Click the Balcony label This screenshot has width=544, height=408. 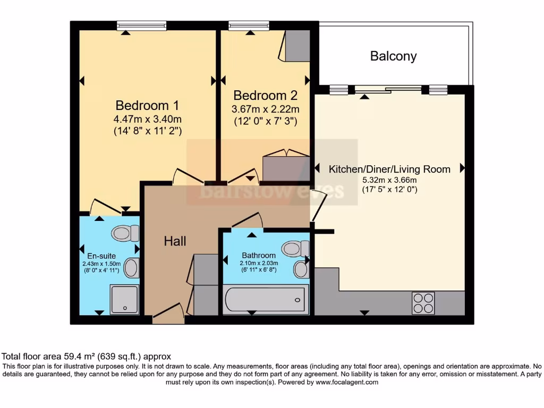(x=394, y=56)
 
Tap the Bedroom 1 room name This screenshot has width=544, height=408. (x=147, y=105)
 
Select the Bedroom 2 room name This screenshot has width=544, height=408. (x=266, y=95)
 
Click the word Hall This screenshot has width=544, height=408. (x=175, y=241)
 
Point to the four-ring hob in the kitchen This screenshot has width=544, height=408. (x=423, y=303)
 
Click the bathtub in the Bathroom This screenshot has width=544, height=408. (x=266, y=300)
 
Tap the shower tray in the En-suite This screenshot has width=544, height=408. (x=124, y=300)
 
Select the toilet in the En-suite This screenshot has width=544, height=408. (x=125, y=233)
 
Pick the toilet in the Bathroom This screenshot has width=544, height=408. (x=295, y=249)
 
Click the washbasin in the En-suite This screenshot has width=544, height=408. (x=132, y=268)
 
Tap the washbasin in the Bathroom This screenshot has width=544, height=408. (x=301, y=269)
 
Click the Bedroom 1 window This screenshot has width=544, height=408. (x=141, y=25)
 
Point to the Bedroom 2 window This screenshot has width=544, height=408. (x=249, y=25)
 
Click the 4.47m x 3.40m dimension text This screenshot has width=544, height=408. (x=148, y=119)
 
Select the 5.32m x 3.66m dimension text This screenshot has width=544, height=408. (x=389, y=180)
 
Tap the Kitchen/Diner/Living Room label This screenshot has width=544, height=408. (x=389, y=169)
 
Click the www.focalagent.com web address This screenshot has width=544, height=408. (x=347, y=382)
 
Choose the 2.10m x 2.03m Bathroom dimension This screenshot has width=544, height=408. (x=259, y=263)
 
